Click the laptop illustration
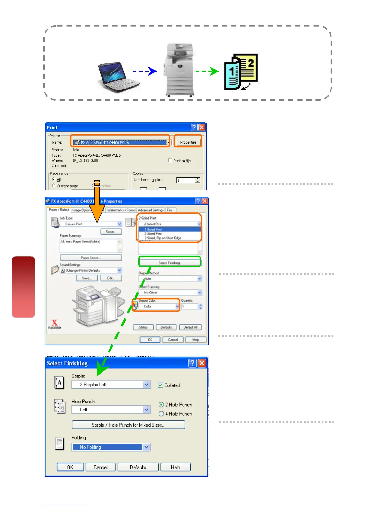tap(119, 77)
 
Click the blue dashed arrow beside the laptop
tap(144, 71)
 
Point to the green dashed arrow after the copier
tap(207, 71)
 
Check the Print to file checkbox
tap(170, 161)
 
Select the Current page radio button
tap(53, 186)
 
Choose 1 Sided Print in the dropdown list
tap(169, 229)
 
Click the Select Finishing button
tap(170, 263)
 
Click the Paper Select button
tap(91, 258)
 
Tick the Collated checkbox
tap(160, 385)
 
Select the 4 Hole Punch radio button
tap(161, 414)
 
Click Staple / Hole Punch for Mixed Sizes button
tap(128, 425)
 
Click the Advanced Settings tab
tap(151, 210)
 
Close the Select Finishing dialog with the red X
tap(202, 363)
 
